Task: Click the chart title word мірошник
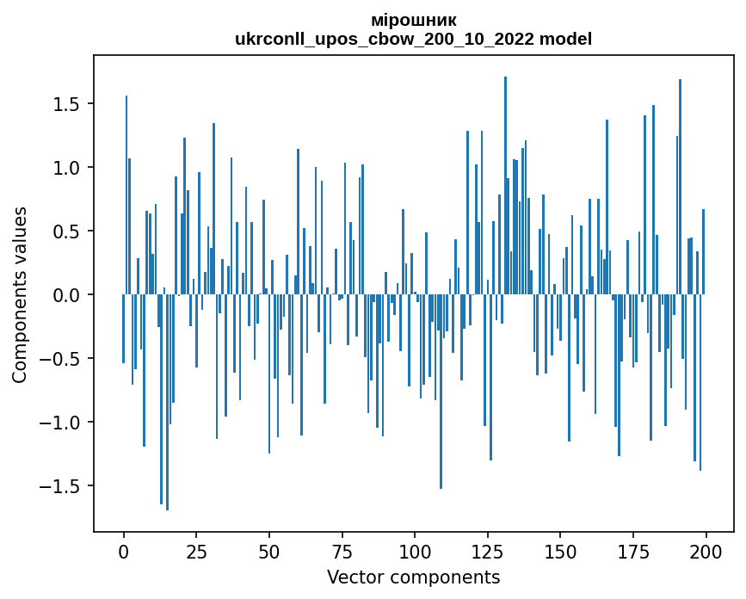coord(413,20)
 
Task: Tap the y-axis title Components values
coord(20,294)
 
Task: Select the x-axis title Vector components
coord(413,577)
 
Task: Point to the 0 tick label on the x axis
coord(124,551)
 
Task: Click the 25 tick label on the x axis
coord(196,551)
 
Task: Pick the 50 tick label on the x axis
coord(269,551)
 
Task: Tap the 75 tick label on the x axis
coord(342,551)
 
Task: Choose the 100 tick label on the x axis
coord(415,551)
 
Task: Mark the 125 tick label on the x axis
coord(488,551)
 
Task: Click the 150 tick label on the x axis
coord(561,551)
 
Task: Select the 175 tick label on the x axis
coord(633,551)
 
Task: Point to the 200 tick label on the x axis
coord(706,551)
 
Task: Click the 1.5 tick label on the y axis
coord(66,104)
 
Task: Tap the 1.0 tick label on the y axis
coord(66,168)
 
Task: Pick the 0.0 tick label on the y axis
coord(66,295)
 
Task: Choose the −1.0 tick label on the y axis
coord(60,423)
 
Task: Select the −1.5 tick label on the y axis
coord(60,486)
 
